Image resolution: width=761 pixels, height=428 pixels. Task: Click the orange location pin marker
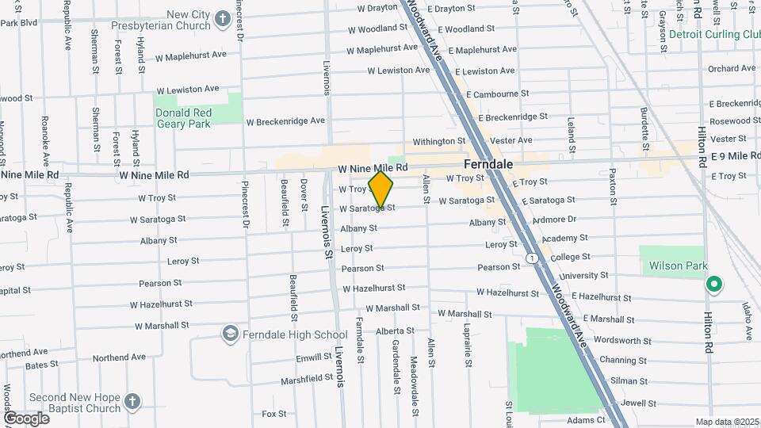[x=381, y=189]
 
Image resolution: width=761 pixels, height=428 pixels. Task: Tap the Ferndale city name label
[x=488, y=164]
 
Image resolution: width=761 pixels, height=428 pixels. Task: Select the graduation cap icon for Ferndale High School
[x=231, y=334]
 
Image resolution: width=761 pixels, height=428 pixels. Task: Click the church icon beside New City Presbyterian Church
[x=223, y=19]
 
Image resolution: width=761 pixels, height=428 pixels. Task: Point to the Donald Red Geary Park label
[x=184, y=118]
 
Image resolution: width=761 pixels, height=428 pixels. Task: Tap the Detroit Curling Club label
[x=714, y=35]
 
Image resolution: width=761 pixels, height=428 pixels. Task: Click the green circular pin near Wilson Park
[x=713, y=283]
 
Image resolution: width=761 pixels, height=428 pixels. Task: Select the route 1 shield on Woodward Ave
[x=532, y=258]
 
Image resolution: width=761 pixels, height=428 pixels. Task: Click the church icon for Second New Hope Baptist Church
[x=132, y=402]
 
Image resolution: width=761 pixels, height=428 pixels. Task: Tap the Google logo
[x=26, y=418]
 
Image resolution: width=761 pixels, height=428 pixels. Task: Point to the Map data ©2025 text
[x=725, y=422]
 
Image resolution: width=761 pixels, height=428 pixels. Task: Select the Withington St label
[x=438, y=140]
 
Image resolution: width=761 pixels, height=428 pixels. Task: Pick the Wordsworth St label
[x=622, y=341]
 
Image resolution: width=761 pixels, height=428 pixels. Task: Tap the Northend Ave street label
[x=119, y=357]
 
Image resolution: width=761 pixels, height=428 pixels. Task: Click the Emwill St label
[x=313, y=358]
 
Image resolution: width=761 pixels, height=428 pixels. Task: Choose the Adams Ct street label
[x=586, y=419]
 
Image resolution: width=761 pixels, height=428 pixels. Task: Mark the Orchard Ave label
[x=732, y=69]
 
